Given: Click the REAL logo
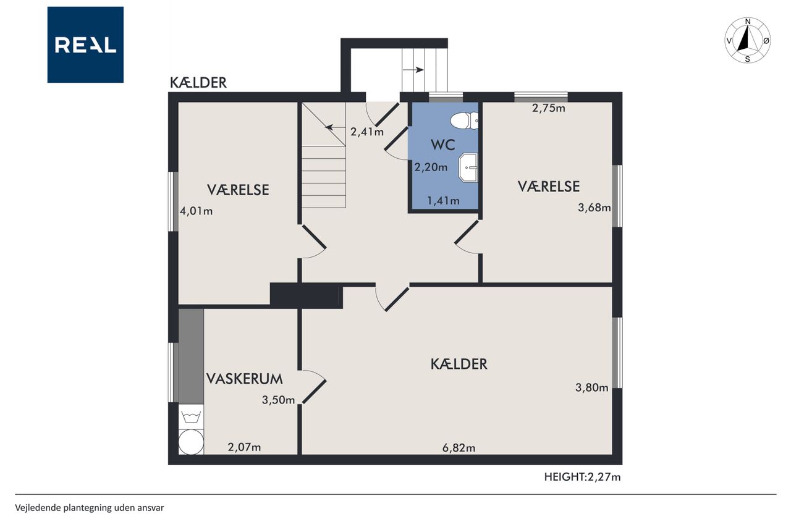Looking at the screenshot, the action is click(85, 45).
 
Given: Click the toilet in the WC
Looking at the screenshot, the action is click(464, 120).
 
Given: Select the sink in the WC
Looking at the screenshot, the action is click(468, 167).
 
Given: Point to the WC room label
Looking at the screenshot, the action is click(443, 145).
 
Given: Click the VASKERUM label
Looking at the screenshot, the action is click(244, 379).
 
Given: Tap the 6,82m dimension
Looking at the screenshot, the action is click(459, 448).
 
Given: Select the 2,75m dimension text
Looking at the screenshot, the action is click(548, 108).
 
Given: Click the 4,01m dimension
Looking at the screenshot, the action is click(197, 211).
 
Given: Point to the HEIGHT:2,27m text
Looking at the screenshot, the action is click(582, 477).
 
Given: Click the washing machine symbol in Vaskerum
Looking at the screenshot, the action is click(191, 416).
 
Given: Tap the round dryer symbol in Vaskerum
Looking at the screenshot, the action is click(191, 442).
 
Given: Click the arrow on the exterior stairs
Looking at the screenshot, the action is click(413, 70).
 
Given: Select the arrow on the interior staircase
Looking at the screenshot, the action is click(335, 127).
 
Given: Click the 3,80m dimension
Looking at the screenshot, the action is click(592, 388).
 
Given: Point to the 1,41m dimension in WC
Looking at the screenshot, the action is click(443, 201).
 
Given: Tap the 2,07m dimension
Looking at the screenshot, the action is click(244, 447).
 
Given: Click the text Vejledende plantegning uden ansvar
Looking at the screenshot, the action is click(90, 508).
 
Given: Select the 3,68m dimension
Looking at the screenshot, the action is click(594, 208).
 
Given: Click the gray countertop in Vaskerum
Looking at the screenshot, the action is click(191, 356).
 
